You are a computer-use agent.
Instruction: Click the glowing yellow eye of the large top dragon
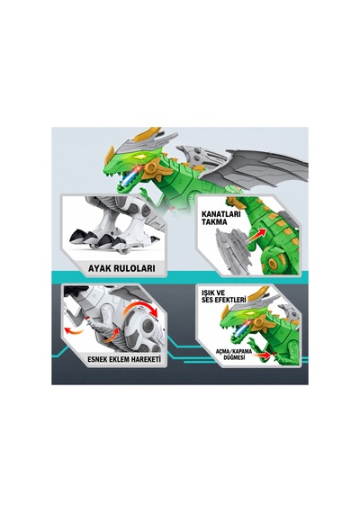(140, 157)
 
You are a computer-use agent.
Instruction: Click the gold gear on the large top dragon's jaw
(151, 167)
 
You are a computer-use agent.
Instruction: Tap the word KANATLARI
(220, 214)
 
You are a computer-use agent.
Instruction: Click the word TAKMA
(214, 222)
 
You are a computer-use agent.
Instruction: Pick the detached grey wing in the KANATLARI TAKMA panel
(233, 250)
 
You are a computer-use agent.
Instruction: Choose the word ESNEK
(98, 359)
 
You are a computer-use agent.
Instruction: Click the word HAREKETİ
(146, 359)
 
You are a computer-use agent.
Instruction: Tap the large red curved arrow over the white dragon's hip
(141, 308)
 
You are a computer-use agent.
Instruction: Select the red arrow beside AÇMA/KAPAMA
(265, 355)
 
